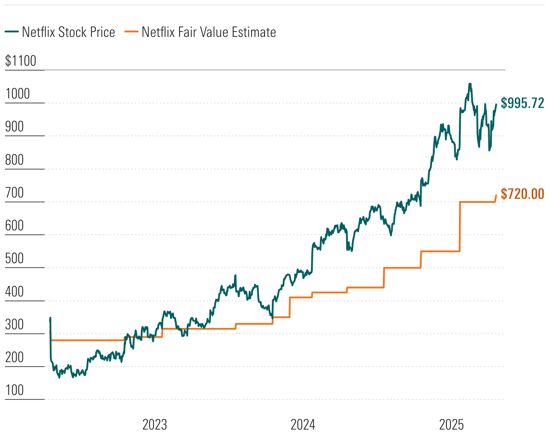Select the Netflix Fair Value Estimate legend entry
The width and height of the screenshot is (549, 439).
(202, 32)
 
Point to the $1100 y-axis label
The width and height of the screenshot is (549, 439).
(20, 61)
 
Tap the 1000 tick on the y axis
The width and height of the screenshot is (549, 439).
(17, 94)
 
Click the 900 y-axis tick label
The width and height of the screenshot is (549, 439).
(15, 127)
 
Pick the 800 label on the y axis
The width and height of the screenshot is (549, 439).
(15, 160)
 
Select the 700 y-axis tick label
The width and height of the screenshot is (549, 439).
(15, 193)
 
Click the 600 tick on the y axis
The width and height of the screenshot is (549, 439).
(15, 226)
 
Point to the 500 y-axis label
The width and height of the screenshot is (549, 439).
(15, 259)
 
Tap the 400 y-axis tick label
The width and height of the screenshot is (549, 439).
(15, 291)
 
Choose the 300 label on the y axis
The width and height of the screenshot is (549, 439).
(15, 325)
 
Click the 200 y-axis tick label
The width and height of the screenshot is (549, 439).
(15, 358)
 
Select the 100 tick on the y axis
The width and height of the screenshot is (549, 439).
(15, 390)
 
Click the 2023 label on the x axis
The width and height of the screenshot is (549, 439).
(154, 425)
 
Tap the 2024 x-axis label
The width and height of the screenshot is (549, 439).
(303, 425)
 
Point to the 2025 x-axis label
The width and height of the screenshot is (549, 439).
(451, 425)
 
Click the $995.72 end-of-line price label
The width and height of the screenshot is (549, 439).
(522, 103)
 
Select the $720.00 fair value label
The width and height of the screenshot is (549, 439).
(522, 194)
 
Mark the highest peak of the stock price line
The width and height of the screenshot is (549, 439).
(470, 84)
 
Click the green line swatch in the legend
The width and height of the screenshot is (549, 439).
(12, 32)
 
